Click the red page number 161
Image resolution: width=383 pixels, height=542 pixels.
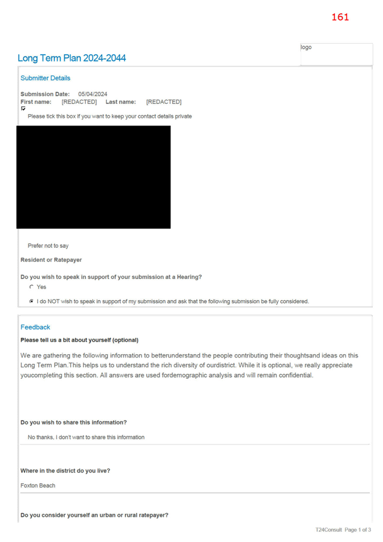(x=340, y=17)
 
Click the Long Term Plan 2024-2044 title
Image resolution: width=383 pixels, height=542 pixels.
(x=71, y=58)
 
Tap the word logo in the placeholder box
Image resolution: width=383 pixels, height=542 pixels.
(x=306, y=47)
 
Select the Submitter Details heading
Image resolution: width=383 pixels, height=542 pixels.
(x=45, y=78)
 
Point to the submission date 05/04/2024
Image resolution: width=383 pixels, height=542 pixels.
(x=92, y=94)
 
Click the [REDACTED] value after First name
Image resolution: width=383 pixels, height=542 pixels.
(x=79, y=102)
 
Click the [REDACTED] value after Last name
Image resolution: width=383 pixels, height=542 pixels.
(x=164, y=102)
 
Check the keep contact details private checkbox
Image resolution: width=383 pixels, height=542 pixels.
(x=23, y=109)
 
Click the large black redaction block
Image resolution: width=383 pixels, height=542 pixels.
(x=93, y=177)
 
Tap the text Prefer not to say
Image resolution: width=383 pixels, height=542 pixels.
(x=48, y=245)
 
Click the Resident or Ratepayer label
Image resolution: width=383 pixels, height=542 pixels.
(x=51, y=260)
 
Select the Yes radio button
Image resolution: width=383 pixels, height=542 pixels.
(x=31, y=287)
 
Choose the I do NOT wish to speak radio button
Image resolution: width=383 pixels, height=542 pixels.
(x=31, y=301)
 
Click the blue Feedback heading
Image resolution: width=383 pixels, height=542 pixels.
(x=35, y=327)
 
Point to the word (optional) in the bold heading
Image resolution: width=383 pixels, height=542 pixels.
(x=125, y=340)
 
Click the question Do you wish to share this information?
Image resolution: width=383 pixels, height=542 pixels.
(x=74, y=423)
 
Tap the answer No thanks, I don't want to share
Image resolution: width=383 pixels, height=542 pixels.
(x=86, y=438)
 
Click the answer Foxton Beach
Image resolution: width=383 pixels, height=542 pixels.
(x=38, y=486)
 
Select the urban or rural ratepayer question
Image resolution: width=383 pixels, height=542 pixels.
(x=94, y=515)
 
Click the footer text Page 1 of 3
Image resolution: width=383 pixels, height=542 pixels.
(x=358, y=530)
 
